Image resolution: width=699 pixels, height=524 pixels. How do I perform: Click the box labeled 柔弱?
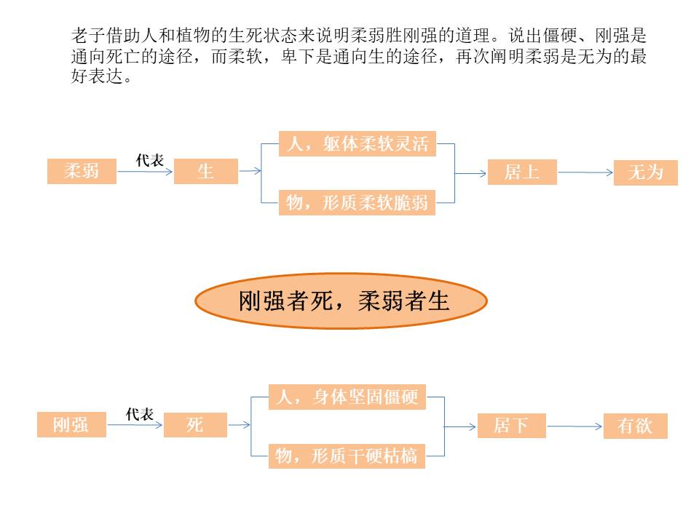(x=82, y=172)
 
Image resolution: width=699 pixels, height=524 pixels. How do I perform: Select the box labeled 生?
(x=205, y=172)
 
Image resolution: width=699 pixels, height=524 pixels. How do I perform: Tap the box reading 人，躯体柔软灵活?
(x=358, y=143)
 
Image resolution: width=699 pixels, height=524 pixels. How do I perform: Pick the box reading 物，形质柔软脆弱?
(x=358, y=202)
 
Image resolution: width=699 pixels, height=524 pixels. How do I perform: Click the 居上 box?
(x=522, y=172)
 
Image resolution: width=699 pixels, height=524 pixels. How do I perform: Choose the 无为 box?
(x=645, y=172)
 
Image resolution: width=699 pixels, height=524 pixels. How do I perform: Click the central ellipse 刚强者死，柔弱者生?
(x=341, y=300)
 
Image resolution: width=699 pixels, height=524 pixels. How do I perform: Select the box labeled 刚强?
(x=71, y=424)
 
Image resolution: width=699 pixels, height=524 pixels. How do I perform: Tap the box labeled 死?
(x=195, y=424)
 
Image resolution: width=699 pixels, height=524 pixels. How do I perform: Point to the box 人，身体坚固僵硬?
(x=347, y=397)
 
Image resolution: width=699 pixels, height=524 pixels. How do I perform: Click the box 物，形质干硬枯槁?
(x=347, y=456)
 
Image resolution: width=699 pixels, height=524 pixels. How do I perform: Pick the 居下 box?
(x=511, y=425)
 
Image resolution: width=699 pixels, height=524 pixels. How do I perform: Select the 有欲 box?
(x=635, y=426)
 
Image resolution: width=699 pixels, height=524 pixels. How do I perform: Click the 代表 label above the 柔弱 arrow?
(x=150, y=161)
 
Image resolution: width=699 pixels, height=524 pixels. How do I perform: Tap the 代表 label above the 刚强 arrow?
(x=140, y=414)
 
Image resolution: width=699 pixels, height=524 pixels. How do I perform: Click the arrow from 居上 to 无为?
(x=585, y=172)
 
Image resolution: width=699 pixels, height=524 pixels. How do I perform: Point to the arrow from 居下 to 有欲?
(x=575, y=426)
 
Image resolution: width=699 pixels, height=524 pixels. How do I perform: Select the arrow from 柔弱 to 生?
(x=145, y=172)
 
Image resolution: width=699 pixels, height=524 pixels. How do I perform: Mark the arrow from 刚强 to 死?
(x=135, y=425)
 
